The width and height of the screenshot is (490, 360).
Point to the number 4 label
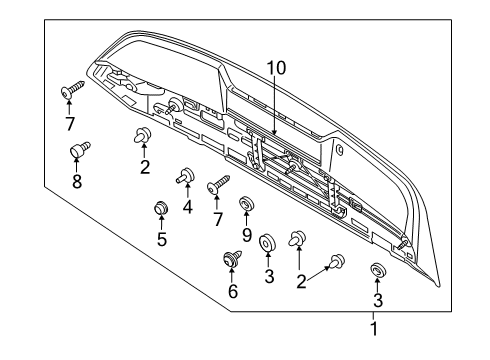pos(187,208)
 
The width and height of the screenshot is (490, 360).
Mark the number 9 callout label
pos(247,239)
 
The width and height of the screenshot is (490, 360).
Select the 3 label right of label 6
pos(269,276)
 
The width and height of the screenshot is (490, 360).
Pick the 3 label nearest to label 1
pos(378,301)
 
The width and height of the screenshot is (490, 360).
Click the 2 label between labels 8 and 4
pos(145,166)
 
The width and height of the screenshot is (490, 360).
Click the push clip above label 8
pos(75,151)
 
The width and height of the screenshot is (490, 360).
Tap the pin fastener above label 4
pos(186,177)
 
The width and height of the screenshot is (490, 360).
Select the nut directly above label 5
pos(158,209)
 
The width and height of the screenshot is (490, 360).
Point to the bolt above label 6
pos(232,260)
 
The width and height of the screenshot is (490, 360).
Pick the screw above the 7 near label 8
pos(71,92)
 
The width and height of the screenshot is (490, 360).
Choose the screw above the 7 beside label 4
pos(217,186)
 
